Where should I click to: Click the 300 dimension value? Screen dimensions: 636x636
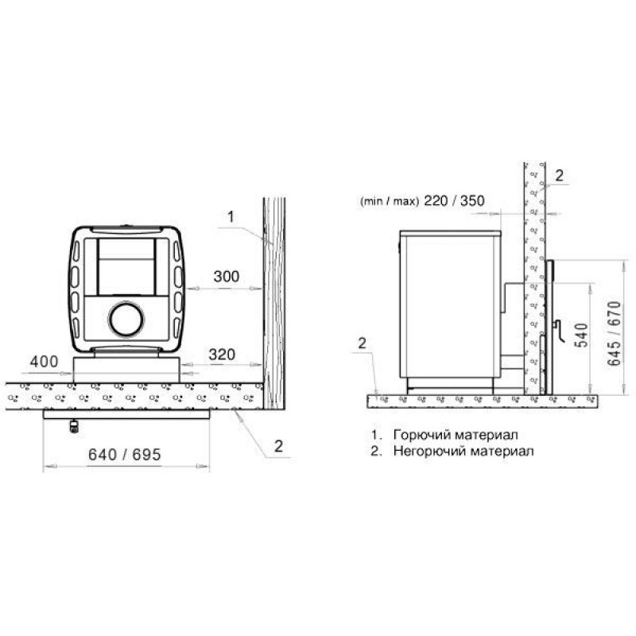pos(227,277)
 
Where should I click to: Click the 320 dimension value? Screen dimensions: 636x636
pos(222,355)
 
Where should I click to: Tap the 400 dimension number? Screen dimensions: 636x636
pos(44,362)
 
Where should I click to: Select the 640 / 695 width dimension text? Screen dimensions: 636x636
pos(125,455)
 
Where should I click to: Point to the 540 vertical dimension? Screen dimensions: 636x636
pos(581,335)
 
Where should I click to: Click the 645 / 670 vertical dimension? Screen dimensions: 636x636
pos(614,333)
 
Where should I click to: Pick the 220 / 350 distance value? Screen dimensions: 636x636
pos(454,200)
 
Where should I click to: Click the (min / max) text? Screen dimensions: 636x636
pos(389,202)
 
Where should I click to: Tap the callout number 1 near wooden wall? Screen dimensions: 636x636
pos(231,216)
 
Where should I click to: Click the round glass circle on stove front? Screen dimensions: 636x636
pos(126,320)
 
